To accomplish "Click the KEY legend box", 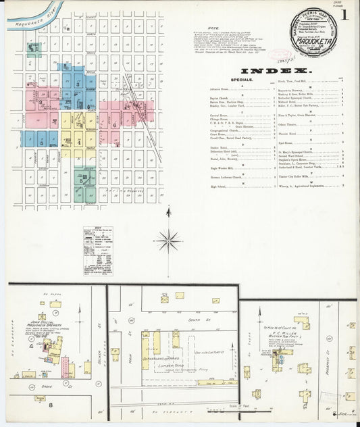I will coord(99,251).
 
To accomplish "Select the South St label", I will coord(177,319).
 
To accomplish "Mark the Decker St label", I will coord(99,358).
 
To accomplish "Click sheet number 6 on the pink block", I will coord(115,124).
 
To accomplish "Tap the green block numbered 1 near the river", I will coord(32,48).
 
